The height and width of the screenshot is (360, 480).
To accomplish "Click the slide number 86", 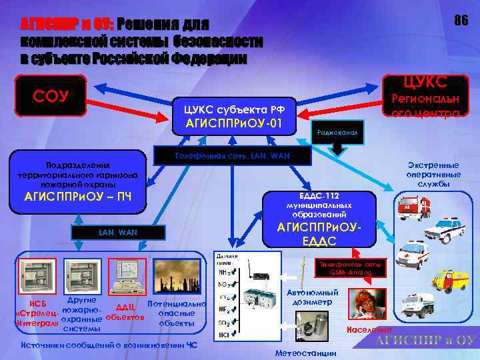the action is click(x=461, y=21).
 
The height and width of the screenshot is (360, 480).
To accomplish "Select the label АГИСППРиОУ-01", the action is click(x=234, y=124).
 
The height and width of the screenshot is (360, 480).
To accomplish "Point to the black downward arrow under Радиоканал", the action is click(x=338, y=149).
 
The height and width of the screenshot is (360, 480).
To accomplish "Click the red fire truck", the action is click(x=416, y=207).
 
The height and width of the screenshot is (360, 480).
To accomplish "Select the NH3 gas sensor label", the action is click(x=225, y=272).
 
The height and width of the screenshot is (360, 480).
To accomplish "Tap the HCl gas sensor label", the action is click(x=225, y=333).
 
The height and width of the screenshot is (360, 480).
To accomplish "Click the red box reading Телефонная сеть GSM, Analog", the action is click(x=349, y=266).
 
